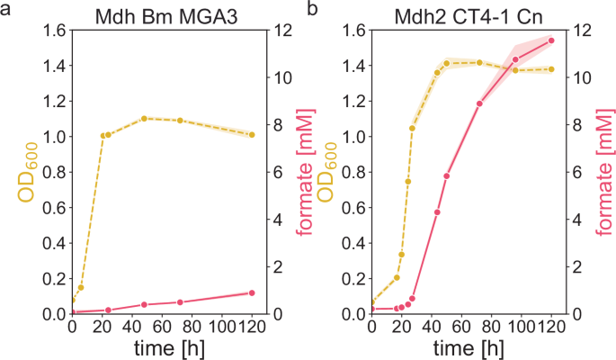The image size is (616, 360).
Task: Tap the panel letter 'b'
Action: (x=312, y=8)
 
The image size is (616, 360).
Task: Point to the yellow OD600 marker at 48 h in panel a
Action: (x=144, y=119)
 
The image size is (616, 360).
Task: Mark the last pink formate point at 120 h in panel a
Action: (x=252, y=292)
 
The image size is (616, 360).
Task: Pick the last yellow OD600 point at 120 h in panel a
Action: (x=252, y=135)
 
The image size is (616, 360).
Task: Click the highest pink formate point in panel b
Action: (x=551, y=40)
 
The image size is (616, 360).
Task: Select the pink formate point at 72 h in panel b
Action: (x=479, y=103)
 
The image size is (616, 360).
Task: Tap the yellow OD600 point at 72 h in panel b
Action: (x=479, y=63)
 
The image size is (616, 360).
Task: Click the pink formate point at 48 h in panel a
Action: (x=144, y=304)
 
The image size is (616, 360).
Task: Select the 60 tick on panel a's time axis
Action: (x=162, y=327)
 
